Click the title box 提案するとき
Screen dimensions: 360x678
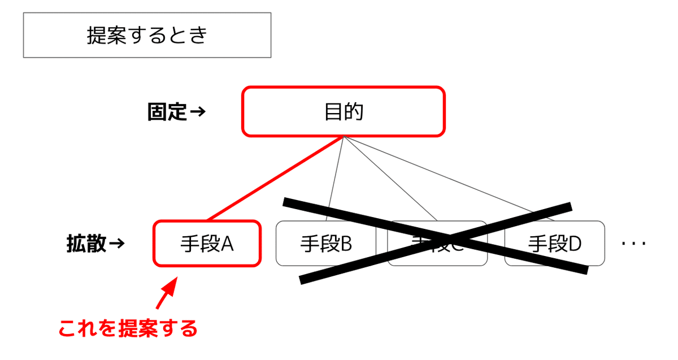coord(147,35)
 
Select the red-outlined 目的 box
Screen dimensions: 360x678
coord(344,111)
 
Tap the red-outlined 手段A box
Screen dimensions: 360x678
coord(207,243)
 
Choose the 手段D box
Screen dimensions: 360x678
coord(554,244)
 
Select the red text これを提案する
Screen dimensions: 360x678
coord(128,328)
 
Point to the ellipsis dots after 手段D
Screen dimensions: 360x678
coord(633,244)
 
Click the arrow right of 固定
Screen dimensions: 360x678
coord(197,112)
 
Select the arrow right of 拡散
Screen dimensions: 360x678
coord(116,244)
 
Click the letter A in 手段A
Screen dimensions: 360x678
coord(227,244)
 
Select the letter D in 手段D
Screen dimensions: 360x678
coord(575,244)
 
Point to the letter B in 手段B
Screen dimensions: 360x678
coord(346,244)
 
